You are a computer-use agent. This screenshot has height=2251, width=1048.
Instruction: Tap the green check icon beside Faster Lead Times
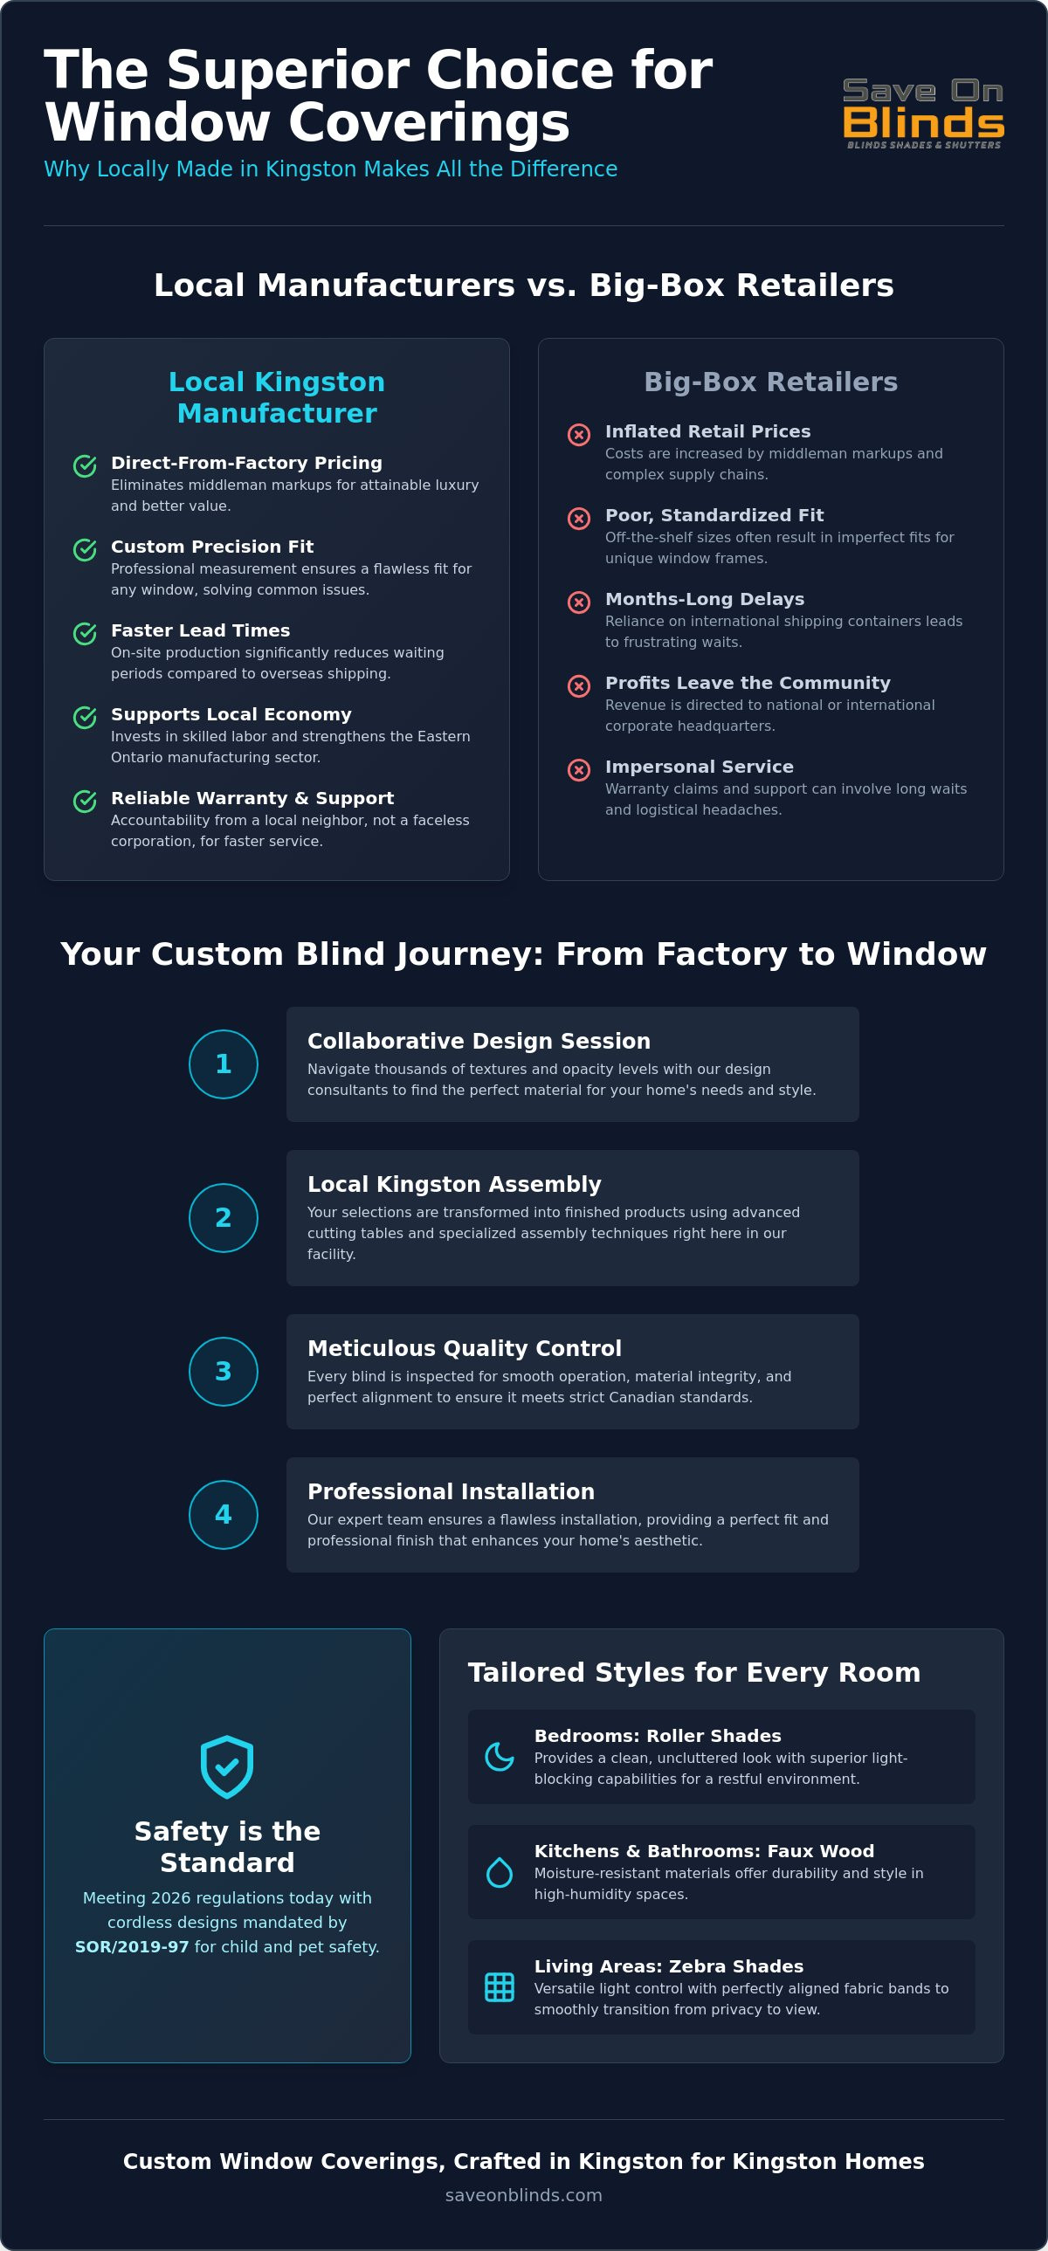(x=85, y=634)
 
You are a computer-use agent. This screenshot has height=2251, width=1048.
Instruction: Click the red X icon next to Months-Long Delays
(x=579, y=602)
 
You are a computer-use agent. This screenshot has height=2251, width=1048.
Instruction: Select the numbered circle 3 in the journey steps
(x=223, y=1371)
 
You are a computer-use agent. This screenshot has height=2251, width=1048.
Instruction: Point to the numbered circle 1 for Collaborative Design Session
(x=223, y=1064)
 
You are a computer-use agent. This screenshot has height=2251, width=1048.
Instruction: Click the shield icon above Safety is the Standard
(x=227, y=1766)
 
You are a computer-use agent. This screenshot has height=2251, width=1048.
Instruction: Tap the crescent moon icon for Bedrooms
(x=499, y=1757)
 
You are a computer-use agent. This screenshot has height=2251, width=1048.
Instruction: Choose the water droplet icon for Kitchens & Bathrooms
(x=499, y=1872)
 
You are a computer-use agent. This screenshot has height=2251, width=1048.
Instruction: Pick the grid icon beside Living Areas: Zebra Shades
(x=499, y=1987)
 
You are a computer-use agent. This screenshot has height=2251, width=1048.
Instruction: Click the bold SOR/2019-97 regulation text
(x=132, y=1947)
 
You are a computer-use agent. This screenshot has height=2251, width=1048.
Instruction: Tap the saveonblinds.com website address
(x=523, y=2195)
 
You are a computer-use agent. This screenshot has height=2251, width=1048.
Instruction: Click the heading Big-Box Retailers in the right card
(x=771, y=382)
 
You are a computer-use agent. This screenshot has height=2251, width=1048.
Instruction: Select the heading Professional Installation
(x=451, y=1491)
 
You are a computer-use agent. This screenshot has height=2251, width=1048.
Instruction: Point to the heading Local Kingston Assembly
(x=454, y=1185)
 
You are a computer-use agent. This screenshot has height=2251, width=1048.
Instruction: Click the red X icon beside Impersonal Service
(x=579, y=770)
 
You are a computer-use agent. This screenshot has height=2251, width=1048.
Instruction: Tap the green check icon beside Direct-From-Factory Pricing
(x=85, y=465)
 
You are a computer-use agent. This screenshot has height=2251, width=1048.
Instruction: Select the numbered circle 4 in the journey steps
(x=223, y=1514)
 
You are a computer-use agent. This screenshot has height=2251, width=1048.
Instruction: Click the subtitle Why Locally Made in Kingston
(x=330, y=169)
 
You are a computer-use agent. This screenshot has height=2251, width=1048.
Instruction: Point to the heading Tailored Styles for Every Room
(x=694, y=1672)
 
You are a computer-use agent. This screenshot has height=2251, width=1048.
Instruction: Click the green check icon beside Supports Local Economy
(x=85, y=718)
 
